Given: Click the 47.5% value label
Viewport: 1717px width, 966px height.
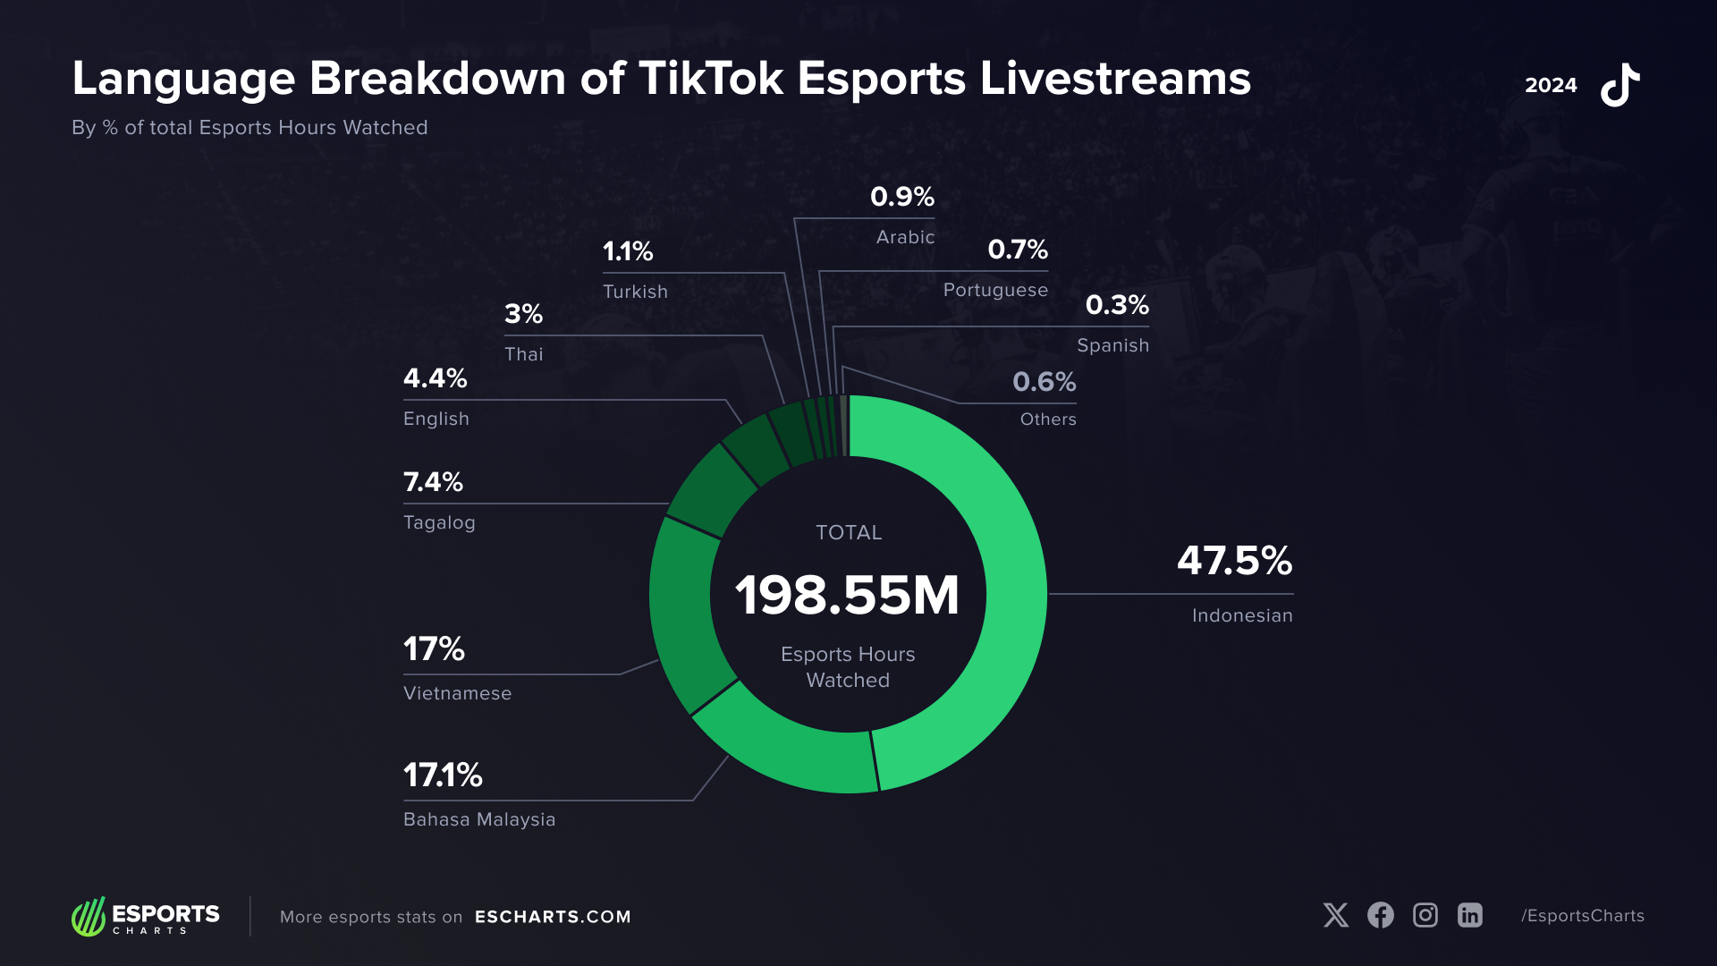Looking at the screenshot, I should click(x=1234, y=561).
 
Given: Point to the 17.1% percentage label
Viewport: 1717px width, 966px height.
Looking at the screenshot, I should click(x=443, y=775).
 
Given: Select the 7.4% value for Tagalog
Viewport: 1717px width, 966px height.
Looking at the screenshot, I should click(x=433, y=482).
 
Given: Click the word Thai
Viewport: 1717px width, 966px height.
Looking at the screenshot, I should click(x=523, y=354).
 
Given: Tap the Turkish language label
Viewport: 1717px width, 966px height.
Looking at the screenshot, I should click(x=635, y=292).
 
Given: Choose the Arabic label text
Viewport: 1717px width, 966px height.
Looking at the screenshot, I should click(x=905, y=237).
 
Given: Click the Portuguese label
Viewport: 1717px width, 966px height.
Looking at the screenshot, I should click(x=995, y=290).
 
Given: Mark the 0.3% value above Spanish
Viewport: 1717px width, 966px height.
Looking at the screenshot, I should click(x=1117, y=305).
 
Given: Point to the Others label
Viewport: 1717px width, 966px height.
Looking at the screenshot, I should click(x=1048, y=419).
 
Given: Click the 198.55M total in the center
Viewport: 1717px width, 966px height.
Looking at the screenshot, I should click(x=847, y=596).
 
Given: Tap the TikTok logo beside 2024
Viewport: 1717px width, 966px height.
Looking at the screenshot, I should click(x=1620, y=85).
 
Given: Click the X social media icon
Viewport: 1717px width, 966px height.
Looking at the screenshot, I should click(x=1336, y=915).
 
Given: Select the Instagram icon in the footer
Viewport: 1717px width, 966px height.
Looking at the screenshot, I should click(x=1425, y=915).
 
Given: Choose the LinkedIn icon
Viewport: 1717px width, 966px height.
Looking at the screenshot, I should click(x=1470, y=915).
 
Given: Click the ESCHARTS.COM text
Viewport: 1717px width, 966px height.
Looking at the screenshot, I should click(x=553, y=917).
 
